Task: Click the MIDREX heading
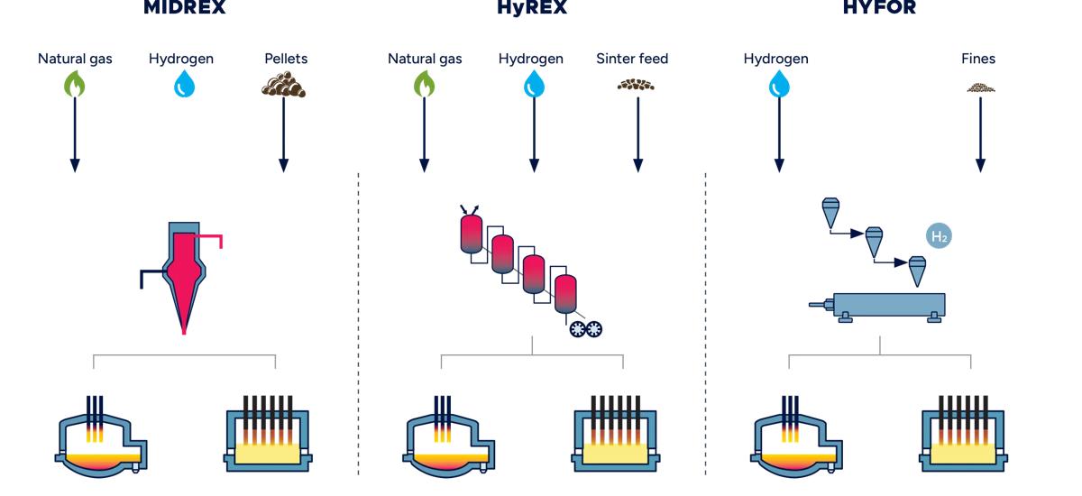184,8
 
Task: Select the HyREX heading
532,8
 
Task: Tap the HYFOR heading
879,8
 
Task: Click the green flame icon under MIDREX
75,84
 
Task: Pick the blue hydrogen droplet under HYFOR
777,84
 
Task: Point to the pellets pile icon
284,85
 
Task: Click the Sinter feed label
632,59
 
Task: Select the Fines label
978,59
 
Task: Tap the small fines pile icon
980,87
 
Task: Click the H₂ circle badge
940,237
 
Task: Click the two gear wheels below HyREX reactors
585,329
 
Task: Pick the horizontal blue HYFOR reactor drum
889,304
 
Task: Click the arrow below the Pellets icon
284,134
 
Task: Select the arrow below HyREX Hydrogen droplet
534,134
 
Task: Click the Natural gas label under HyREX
425,59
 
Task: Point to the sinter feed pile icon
637,85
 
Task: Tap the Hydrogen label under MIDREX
181,59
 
